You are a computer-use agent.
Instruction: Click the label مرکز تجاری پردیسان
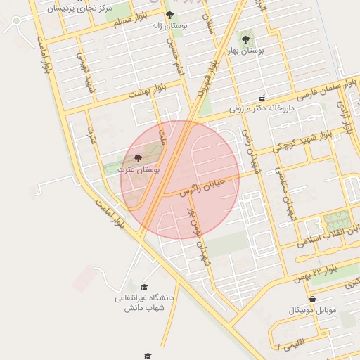77,8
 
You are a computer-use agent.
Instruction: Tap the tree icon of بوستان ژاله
169,15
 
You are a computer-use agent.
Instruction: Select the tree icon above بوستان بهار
245,39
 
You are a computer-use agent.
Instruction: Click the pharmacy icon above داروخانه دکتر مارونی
262,98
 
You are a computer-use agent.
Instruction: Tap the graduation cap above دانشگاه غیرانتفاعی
144,287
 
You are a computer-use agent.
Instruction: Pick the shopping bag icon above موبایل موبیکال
312,299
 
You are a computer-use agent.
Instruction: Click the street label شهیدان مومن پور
197,226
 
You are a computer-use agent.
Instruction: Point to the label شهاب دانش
144,308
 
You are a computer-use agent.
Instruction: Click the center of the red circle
180,179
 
